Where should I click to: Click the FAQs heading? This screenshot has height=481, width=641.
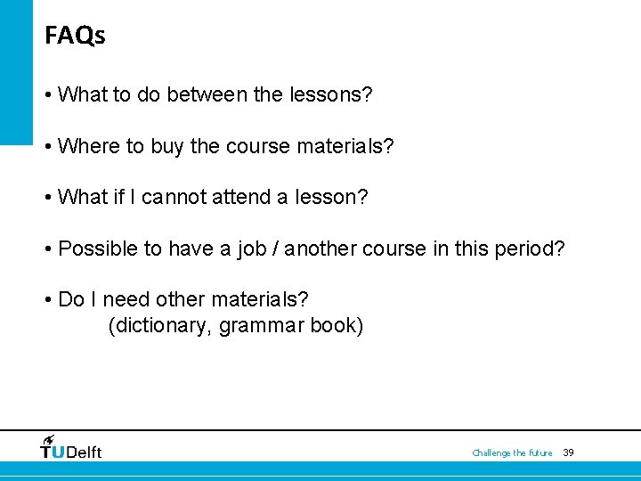[75, 37]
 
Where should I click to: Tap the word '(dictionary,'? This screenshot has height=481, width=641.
[160, 326]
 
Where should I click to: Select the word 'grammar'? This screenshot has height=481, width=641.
[261, 326]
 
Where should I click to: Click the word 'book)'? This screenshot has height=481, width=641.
[337, 326]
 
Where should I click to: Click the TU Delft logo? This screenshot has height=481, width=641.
[71, 448]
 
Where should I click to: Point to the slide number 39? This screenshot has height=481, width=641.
[569, 452]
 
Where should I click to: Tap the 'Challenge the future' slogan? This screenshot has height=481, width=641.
[512, 453]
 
